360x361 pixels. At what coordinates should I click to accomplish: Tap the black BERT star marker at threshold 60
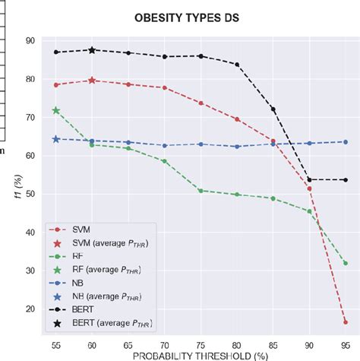click(92, 49)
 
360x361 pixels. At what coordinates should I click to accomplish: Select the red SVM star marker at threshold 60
click(92, 80)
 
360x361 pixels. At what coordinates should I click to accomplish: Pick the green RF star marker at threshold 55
click(56, 110)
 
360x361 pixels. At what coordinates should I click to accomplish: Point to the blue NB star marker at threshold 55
click(56, 139)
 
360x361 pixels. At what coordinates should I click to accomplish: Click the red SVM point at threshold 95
click(345, 322)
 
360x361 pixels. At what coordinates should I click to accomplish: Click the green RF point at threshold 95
click(345, 263)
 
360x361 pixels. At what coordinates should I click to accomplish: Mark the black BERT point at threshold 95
click(345, 180)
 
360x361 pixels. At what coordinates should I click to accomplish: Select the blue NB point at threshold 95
click(345, 141)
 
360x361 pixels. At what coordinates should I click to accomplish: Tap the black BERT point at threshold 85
click(273, 109)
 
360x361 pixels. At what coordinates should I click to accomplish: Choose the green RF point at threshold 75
click(201, 190)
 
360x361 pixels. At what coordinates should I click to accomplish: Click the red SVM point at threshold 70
click(164, 87)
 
